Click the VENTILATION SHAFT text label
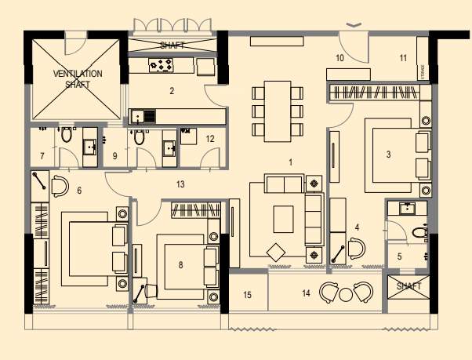click(x=78, y=78)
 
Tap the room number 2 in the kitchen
click(x=172, y=91)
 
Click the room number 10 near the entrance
click(x=339, y=58)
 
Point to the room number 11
click(x=402, y=58)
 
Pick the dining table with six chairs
click(x=277, y=111)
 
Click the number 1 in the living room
click(x=291, y=162)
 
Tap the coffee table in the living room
click(x=282, y=215)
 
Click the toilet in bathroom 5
click(x=419, y=232)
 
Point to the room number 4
click(x=357, y=227)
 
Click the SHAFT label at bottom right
click(x=408, y=286)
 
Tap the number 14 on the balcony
click(x=306, y=293)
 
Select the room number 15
click(x=248, y=295)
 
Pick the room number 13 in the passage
click(x=181, y=184)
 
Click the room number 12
click(x=210, y=138)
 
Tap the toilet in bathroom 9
click(x=139, y=137)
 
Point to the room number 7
click(x=42, y=156)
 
